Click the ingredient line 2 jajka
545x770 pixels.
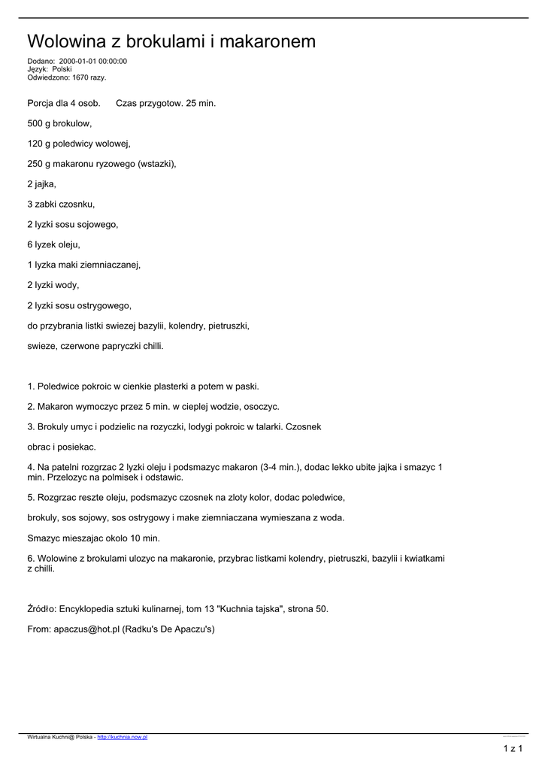coord(41,183)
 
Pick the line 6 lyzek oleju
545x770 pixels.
coord(53,244)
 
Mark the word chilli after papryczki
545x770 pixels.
coord(150,346)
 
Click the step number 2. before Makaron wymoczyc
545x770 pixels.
coord(31,407)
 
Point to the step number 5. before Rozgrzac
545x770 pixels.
coord(31,498)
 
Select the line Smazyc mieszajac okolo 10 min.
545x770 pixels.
coord(93,538)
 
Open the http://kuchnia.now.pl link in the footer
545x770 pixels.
coord(123,738)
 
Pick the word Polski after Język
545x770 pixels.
coord(62,69)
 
